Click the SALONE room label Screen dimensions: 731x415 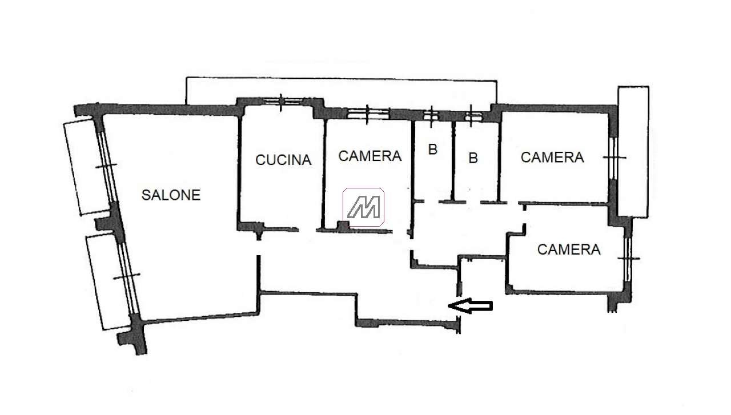(171, 195)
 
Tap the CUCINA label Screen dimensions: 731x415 (283, 160)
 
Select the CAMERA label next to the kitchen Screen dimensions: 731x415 (369, 156)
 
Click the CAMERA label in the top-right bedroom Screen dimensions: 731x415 (552, 157)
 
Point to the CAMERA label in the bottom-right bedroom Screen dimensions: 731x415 (569, 249)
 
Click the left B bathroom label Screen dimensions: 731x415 (433, 150)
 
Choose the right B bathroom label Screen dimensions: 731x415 (473, 158)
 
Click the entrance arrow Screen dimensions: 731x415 (470, 306)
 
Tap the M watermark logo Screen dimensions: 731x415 (363, 207)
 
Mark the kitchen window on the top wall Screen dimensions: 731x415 (282, 101)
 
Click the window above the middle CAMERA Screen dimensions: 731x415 (368, 114)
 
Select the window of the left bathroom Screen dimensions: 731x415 (431, 115)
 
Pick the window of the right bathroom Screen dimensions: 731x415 (472, 116)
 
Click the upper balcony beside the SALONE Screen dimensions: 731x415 (88, 167)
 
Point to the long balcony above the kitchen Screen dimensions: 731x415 (342, 91)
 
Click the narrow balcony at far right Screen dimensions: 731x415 (633, 152)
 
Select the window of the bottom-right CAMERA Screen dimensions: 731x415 (628, 259)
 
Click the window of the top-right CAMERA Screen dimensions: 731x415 (614, 158)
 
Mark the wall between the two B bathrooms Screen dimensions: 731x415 (453, 161)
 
